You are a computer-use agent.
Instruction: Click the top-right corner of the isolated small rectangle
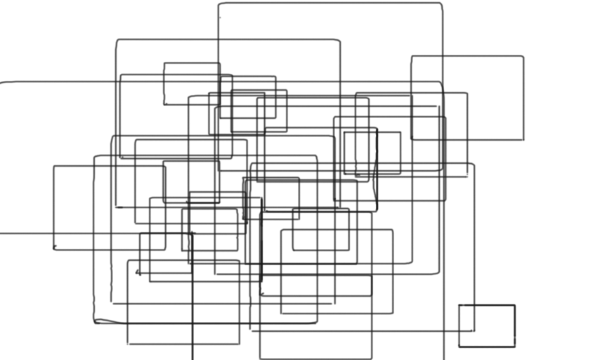514,305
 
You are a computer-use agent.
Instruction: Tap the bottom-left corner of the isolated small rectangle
459,346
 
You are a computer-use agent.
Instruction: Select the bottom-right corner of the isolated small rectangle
514,346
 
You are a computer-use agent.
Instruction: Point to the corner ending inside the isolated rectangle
473,330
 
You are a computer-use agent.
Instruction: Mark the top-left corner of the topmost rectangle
220,4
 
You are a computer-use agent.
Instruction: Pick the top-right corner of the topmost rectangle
441,4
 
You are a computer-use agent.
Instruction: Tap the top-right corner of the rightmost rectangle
523,56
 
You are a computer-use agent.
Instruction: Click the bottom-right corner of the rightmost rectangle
523,139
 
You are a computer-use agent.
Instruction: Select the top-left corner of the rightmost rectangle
412,56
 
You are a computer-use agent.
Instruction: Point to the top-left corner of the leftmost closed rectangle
54,167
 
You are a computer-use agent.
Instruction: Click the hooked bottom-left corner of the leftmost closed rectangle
55,248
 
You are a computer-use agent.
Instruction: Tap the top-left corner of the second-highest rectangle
117,41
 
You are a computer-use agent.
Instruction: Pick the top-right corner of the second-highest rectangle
339,41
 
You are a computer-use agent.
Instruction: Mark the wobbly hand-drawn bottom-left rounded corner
96,321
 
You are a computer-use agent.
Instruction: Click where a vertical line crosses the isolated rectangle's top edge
473,305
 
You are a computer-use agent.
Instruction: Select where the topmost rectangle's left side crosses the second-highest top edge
219,40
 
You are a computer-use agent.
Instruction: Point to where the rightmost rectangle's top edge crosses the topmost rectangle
442,56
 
